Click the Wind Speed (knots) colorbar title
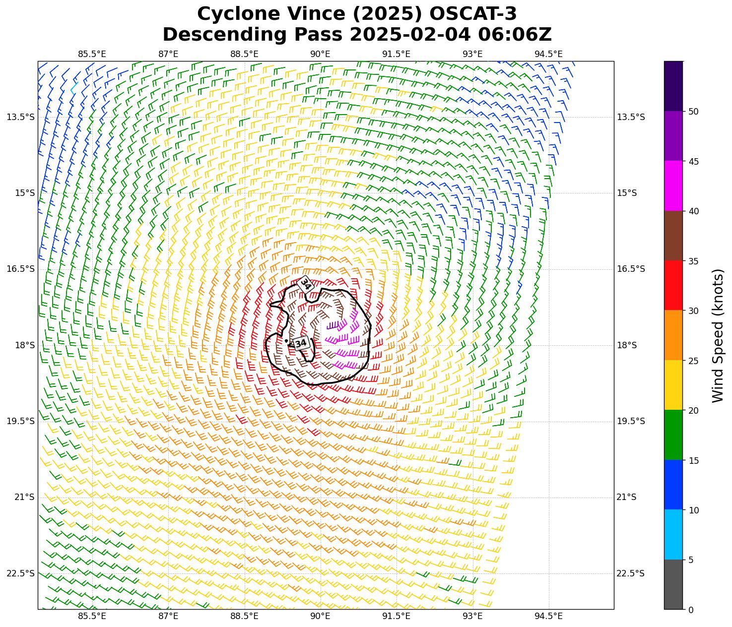718,335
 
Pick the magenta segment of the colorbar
673,186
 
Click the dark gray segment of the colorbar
673,584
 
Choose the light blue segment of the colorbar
673,534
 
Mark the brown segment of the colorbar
673,236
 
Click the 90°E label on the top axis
321,54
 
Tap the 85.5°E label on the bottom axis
92,617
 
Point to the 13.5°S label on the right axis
631,117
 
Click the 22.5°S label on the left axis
21,574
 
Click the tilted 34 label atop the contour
306,284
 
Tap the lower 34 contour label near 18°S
301,343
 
